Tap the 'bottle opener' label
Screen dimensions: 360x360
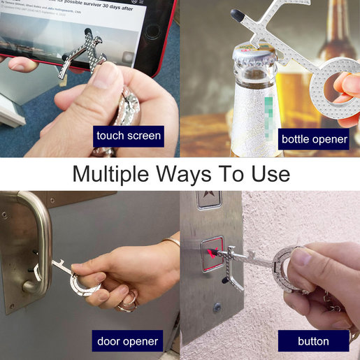tap(314, 138)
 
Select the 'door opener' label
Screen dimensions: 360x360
tap(128, 342)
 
